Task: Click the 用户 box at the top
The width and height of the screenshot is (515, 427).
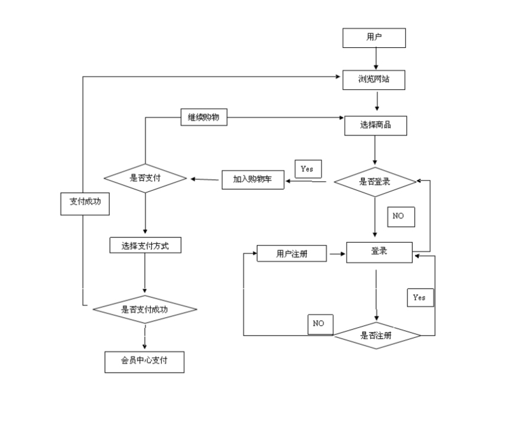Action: [x=374, y=38]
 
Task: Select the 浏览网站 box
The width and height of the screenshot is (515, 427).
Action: [x=374, y=80]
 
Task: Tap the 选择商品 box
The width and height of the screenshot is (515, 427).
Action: [x=376, y=125]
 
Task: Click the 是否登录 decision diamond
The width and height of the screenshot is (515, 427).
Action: [x=375, y=182]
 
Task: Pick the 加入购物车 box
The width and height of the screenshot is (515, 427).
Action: [x=253, y=180]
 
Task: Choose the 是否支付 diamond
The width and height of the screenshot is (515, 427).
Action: [x=145, y=178]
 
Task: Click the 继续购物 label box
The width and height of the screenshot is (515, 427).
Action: [x=204, y=118]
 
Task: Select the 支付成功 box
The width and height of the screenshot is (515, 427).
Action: [x=85, y=204]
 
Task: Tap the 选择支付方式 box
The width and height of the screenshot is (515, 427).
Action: [x=145, y=245]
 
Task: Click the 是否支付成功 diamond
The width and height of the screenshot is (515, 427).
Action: [x=145, y=309]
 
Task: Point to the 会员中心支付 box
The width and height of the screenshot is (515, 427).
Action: [x=145, y=362]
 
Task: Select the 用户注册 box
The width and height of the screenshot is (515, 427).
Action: [x=292, y=253]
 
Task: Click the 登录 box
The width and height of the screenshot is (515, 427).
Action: [x=379, y=252]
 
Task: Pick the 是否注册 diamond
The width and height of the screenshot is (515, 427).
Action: [x=376, y=335]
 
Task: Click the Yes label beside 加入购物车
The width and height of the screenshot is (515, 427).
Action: [x=308, y=169]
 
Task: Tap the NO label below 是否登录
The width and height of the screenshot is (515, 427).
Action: [x=401, y=217]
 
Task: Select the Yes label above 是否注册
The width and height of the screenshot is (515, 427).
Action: [x=420, y=298]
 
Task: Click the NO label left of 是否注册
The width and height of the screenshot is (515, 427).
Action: [x=320, y=324]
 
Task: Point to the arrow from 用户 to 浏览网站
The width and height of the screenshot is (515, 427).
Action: [x=376, y=58]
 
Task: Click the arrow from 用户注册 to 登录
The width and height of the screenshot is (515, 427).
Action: [x=337, y=253]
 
